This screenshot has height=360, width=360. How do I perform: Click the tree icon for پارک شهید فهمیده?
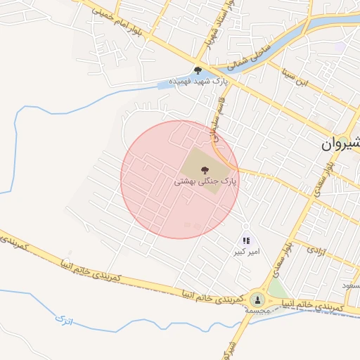click(x=198, y=70)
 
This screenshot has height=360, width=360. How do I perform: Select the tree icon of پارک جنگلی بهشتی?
click(x=205, y=169)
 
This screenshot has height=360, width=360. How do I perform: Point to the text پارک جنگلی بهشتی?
click(x=205, y=181)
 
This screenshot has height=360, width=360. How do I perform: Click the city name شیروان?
click(x=341, y=143)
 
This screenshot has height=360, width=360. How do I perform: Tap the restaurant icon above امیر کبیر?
click(x=246, y=241)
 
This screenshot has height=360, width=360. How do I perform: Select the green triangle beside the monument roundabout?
click(x=277, y=289)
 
